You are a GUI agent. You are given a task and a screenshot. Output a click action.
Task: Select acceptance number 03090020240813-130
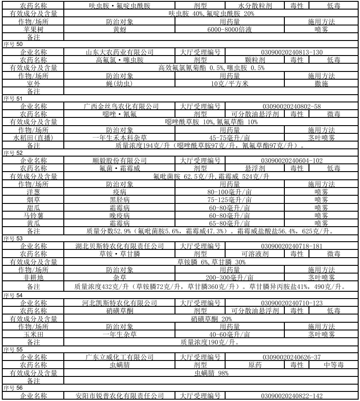292,52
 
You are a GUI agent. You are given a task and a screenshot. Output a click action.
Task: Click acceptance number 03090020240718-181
292,246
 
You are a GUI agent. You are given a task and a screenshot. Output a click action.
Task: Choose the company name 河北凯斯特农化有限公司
119,303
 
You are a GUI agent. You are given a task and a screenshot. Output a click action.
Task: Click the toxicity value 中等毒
334,365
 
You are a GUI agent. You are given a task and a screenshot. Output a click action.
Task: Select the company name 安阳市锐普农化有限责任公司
119,396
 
